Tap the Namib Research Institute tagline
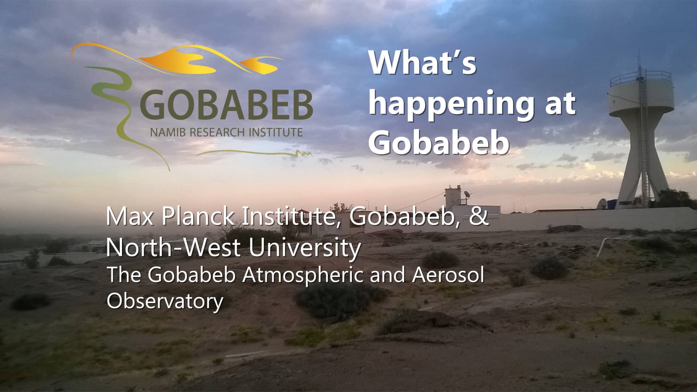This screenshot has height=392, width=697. pyautogui.click(x=226, y=132)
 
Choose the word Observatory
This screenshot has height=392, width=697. pyautogui.click(x=165, y=301)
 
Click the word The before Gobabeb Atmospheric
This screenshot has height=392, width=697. pyautogui.click(x=123, y=275)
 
